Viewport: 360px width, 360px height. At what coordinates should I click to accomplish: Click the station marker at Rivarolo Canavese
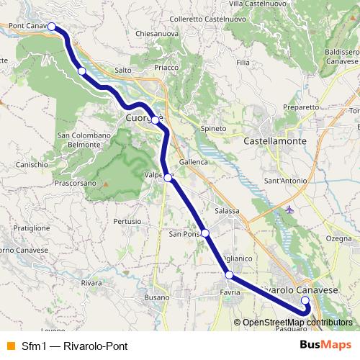(x=305, y=300)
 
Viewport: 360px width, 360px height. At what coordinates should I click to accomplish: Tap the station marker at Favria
(x=228, y=275)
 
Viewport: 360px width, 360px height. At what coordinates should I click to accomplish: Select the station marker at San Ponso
(x=205, y=233)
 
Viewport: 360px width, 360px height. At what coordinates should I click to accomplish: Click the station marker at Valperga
(x=167, y=177)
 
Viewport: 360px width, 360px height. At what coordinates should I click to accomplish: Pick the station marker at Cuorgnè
(x=155, y=120)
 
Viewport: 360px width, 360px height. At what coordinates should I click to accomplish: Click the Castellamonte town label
(x=276, y=141)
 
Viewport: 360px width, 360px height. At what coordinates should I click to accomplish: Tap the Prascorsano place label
(x=74, y=184)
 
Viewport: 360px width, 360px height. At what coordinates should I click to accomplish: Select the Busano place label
(x=156, y=297)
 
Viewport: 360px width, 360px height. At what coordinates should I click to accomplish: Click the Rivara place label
(x=91, y=283)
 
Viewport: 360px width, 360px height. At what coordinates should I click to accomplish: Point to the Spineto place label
(x=213, y=128)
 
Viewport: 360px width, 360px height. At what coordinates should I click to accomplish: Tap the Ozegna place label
(x=339, y=238)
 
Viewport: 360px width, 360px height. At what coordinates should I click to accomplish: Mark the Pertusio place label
(x=127, y=220)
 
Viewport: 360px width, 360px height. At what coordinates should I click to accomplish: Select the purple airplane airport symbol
(x=289, y=210)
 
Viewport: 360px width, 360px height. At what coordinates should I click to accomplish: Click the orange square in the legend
(x=10, y=345)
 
